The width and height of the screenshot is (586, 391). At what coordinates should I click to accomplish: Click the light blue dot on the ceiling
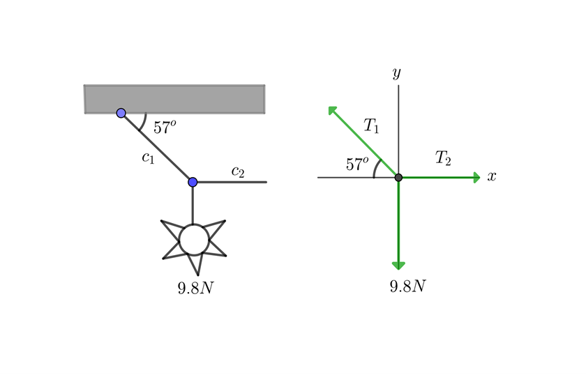pyautogui.click(x=121, y=113)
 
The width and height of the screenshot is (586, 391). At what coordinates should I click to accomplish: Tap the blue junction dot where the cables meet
pyautogui.click(x=193, y=182)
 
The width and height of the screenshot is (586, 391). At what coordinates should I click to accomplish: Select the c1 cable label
pyautogui.click(x=148, y=158)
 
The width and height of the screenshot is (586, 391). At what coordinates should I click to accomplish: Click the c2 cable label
pyautogui.click(x=238, y=171)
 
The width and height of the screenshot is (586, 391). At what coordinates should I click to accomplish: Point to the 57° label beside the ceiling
pyautogui.click(x=165, y=127)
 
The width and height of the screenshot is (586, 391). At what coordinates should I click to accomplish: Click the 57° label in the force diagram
pyautogui.click(x=357, y=164)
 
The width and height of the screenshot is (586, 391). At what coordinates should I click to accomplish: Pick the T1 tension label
pyautogui.click(x=371, y=125)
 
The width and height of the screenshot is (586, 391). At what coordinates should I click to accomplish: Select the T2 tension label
pyautogui.click(x=443, y=158)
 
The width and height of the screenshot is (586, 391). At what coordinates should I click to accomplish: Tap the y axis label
pyautogui.click(x=397, y=73)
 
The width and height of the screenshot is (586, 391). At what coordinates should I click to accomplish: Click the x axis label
pyautogui.click(x=492, y=176)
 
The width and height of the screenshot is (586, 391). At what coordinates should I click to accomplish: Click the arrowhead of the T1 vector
pyautogui.click(x=332, y=110)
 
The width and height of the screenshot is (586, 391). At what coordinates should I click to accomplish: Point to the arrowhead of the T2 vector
pyautogui.click(x=477, y=178)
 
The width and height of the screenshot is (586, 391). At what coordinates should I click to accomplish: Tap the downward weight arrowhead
pyautogui.click(x=398, y=266)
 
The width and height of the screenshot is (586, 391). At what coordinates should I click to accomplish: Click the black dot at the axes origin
pyautogui.click(x=398, y=178)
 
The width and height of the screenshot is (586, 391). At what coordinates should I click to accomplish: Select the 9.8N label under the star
pyautogui.click(x=195, y=288)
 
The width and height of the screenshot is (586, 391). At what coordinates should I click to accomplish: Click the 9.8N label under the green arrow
pyautogui.click(x=407, y=286)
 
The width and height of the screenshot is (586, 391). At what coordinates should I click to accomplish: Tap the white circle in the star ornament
pyautogui.click(x=194, y=240)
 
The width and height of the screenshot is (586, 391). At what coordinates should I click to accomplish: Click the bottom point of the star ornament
pyautogui.click(x=197, y=275)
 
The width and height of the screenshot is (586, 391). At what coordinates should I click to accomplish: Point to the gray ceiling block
pyautogui.click(x=174, y=99)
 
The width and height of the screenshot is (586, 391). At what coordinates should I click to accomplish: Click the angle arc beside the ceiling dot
pyautogui.click(x=144, y=122)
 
